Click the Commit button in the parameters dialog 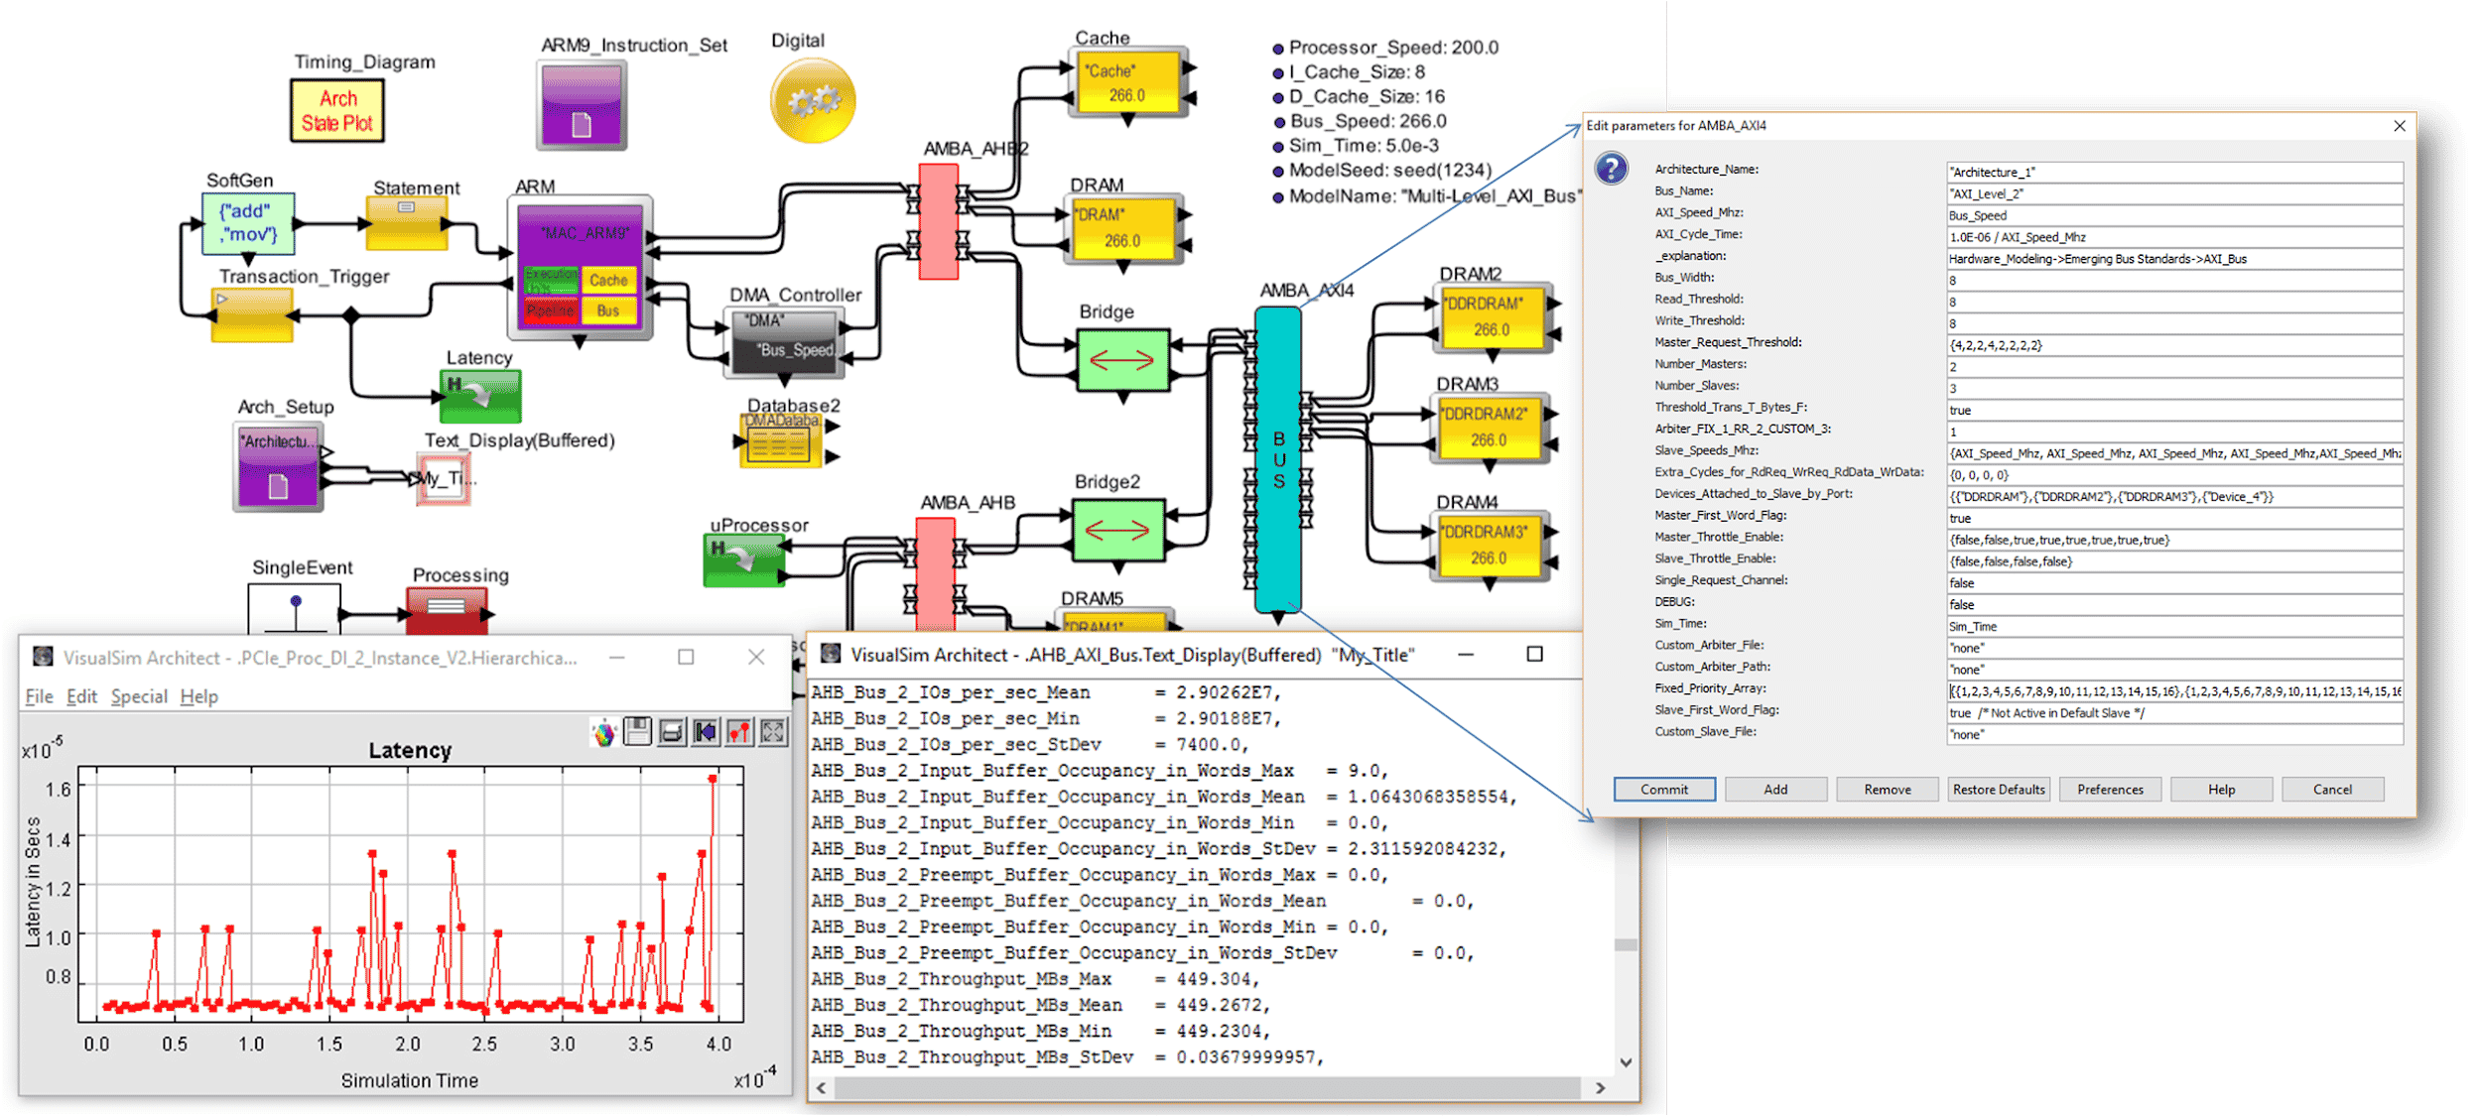[1663, 790]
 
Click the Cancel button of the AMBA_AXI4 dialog [2331, 790]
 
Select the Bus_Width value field [2173, 281]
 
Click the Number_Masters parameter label [1700, 364]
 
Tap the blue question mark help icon [1611, 169]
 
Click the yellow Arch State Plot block [337, 111]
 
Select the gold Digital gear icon [812, 100]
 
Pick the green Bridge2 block [1117, 531]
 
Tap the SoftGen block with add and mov [248, 223]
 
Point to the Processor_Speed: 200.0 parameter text [1392, 48]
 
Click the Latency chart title [410, 751]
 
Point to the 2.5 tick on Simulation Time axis [484, 1044]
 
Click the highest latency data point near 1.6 [713, 779]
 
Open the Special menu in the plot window [139, 696]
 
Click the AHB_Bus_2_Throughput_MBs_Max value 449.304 [1217, 979]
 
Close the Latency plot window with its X [756, 657]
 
